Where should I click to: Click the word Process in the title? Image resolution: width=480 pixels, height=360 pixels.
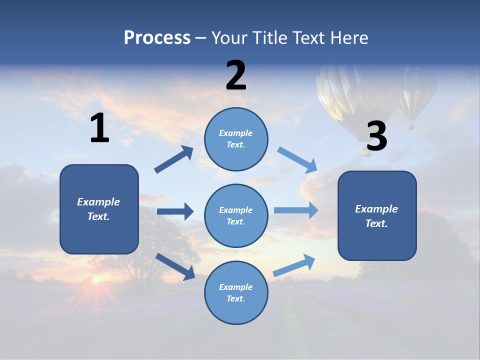click(x=157, y=38)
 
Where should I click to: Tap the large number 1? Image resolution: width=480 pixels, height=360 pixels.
click(x=99, y=128)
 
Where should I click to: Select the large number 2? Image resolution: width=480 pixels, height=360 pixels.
click(x=236, y=75)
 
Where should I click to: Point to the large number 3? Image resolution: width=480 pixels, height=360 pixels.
click(x=376, y=136)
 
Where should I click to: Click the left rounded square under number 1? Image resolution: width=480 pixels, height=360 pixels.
click(x=99, y=209)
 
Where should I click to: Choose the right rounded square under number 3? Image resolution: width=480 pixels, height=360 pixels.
click(x=377, y=215)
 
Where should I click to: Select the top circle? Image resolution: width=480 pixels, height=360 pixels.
click(x=236, y=139)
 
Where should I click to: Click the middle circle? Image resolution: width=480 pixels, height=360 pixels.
click(x=236, y=215)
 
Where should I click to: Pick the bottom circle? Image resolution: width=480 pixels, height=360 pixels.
click(x=236, y=292)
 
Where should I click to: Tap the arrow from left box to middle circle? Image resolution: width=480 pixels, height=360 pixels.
click(x=175, y=211)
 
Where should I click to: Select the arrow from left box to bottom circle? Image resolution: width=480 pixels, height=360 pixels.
click(x=175, y=266)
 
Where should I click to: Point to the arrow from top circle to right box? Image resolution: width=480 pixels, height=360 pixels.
click(x=297, y=159)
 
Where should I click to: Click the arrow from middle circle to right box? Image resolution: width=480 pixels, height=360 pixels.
click(x=296, y=210)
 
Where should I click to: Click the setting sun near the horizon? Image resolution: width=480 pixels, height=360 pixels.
click(x=95, y=281)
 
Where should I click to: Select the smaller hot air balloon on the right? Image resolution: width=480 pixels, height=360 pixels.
click(x=415, y=92)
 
